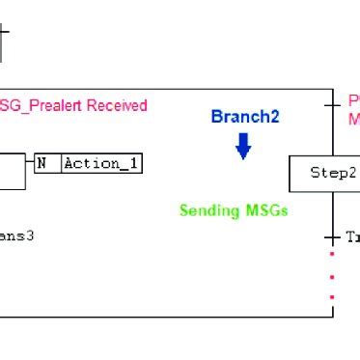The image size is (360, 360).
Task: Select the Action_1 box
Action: coord(101,164)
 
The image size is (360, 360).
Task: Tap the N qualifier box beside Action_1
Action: coord(42,164)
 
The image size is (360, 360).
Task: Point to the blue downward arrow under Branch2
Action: coord(243,146)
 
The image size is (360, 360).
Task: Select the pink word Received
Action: coord(113,105)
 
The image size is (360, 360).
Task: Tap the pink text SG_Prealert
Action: coord(35,105)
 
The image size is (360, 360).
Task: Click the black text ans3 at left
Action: coord(18,234)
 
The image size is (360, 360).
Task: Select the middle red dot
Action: coord(333,276)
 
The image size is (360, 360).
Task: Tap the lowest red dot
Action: coord(333,297)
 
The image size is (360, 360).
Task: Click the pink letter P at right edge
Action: coord(353,100)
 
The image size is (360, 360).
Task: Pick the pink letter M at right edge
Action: coord(353,119)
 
